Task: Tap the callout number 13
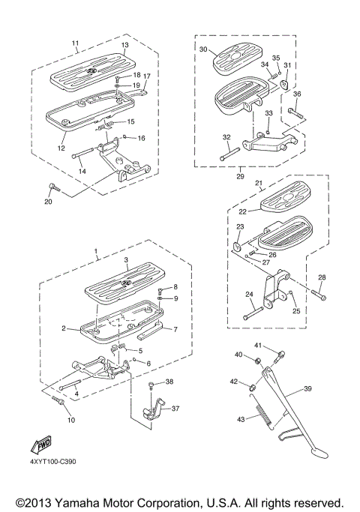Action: [125, 44]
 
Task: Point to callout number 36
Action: [297, 94]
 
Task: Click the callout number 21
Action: [257, 183]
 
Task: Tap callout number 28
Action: [322, 278]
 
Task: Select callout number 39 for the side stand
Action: [307, 389]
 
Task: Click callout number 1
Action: [95, 249]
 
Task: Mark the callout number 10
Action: [70, 420]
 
